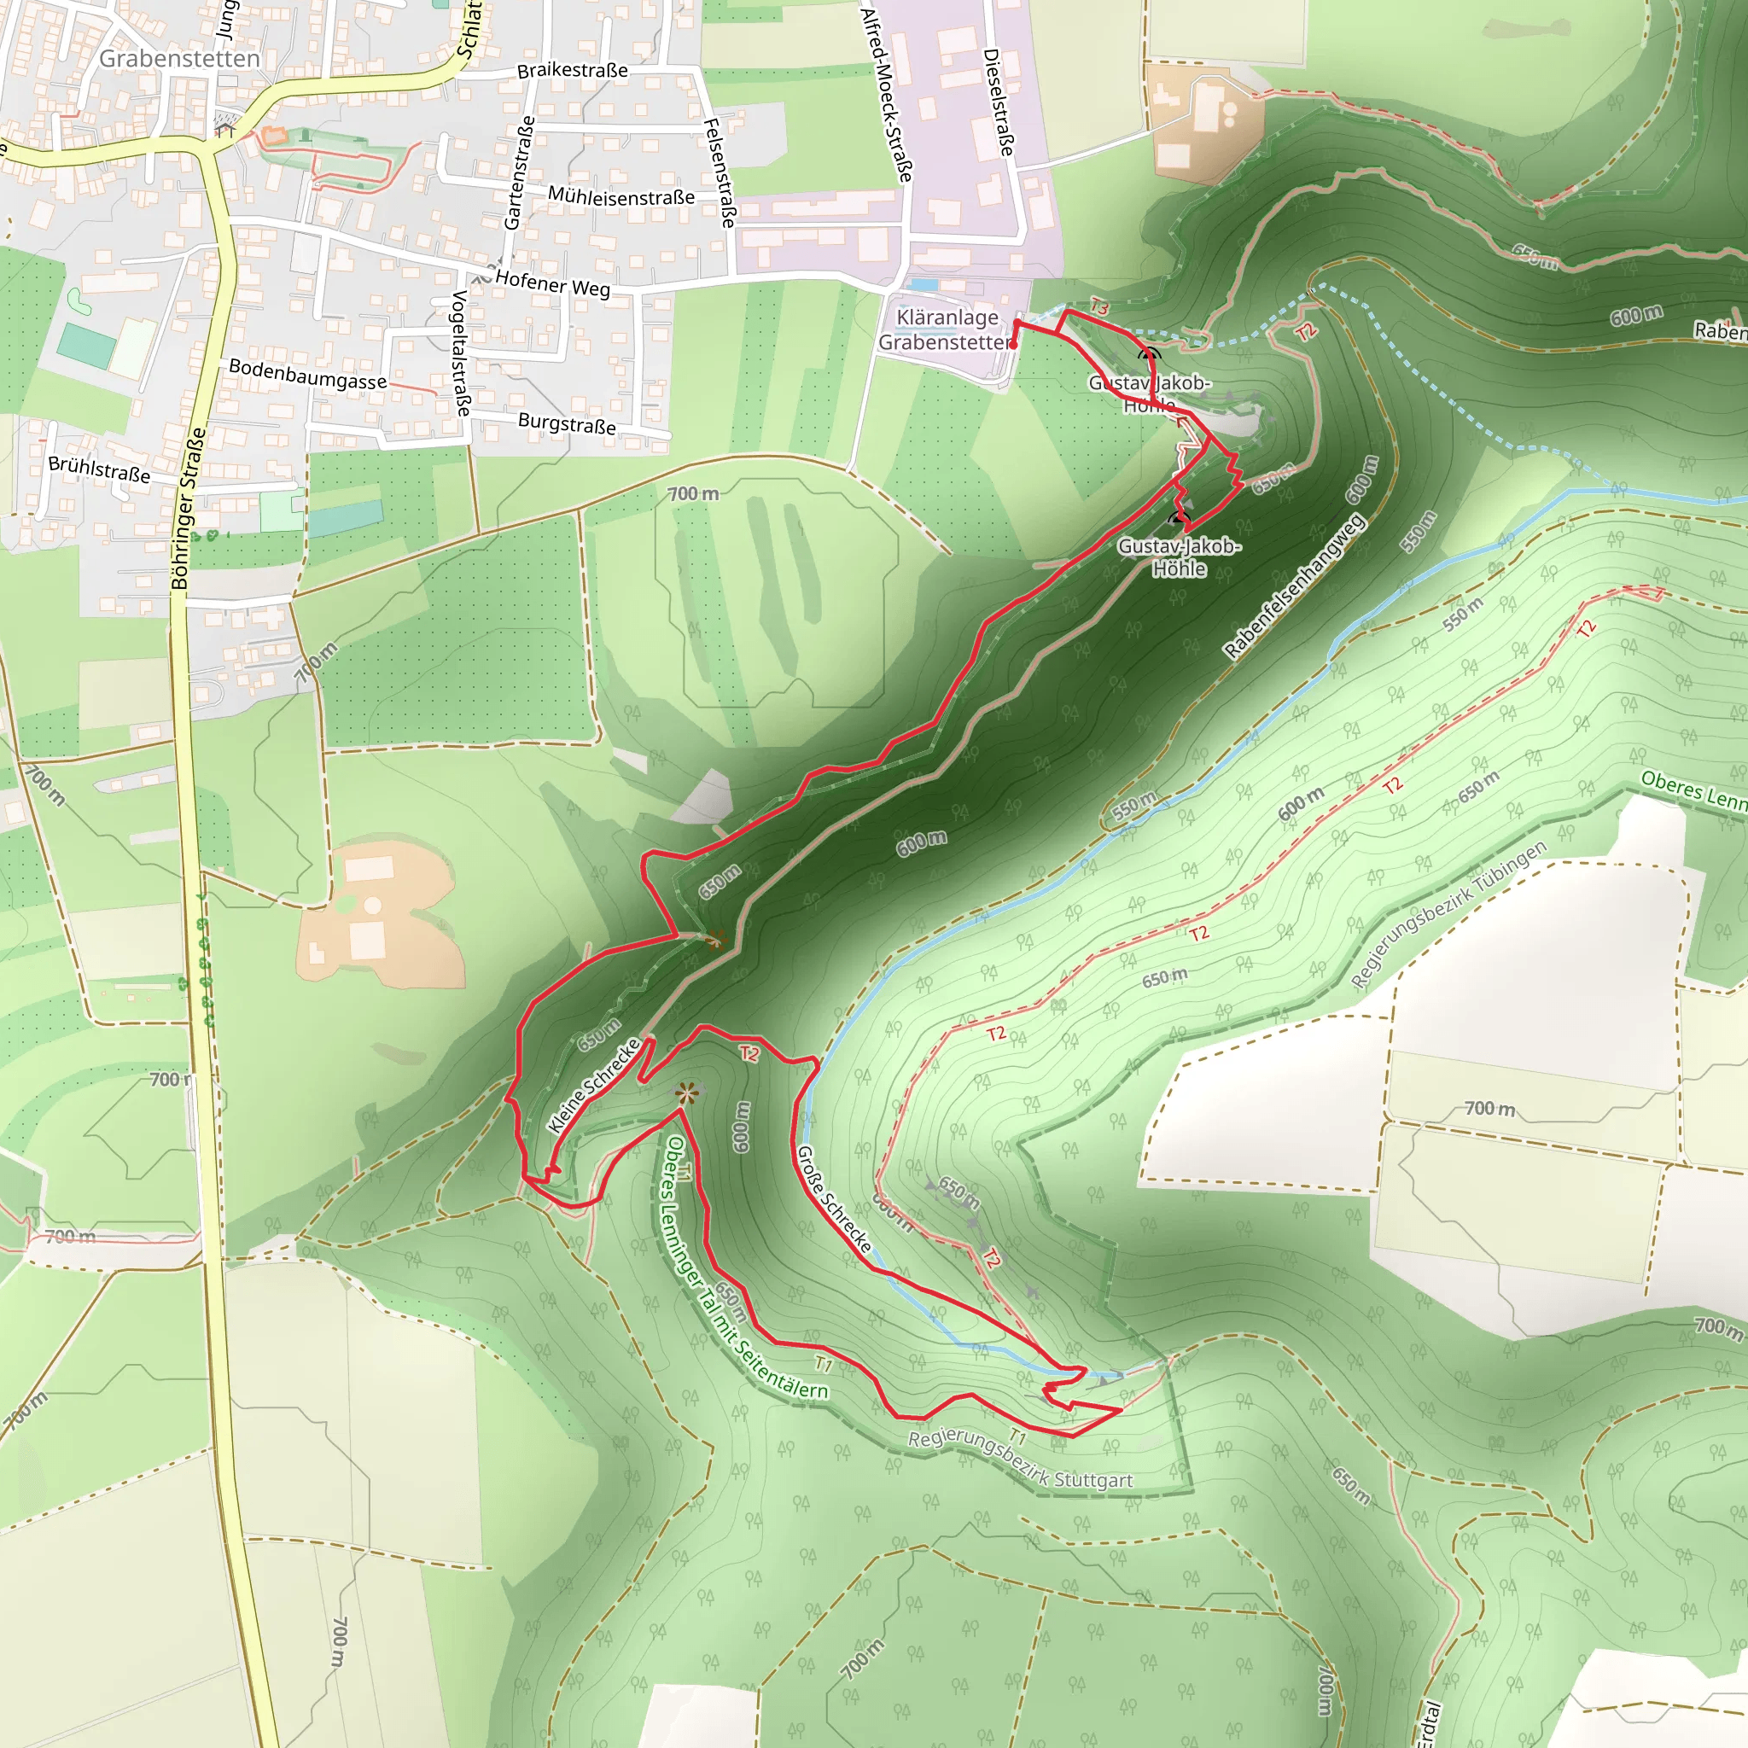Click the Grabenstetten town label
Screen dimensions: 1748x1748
(x=179, y=59)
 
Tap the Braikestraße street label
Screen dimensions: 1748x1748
(x=572, y=71)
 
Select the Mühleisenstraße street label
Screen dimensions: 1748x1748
(x=621, y=196)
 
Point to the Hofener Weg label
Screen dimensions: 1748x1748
(x=553, y=284)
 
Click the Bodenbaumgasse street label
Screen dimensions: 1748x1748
(x=307, y=374)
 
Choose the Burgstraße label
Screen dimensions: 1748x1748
(x=567, y=423)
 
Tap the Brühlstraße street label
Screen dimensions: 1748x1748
(x=100, y=469)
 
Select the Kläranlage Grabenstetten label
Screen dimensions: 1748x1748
(x=946, y=329)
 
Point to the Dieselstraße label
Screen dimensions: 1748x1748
(x=998, y=102)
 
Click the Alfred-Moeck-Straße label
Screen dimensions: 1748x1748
(x=886, y=95)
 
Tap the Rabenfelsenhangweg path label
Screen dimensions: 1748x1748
(x=1293, y=587)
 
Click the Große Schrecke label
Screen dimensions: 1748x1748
(x=833, y=1199)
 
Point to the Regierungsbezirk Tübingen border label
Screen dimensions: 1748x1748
(x=1448, y=916)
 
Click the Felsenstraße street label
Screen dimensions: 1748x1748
(x=720, y=172)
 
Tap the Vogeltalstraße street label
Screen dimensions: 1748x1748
(x=462, y=353)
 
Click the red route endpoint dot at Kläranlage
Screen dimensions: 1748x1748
(x=1013, y=345)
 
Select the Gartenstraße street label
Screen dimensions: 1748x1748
(x=519, y=172)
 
